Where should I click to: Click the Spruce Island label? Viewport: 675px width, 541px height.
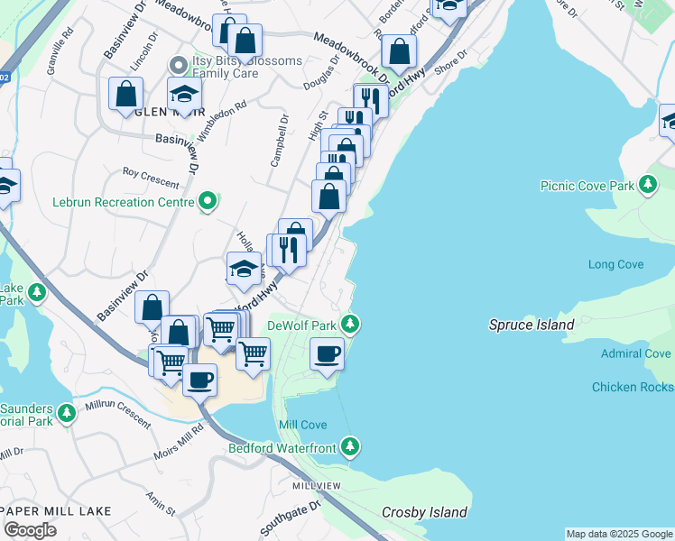(x=532, y=325)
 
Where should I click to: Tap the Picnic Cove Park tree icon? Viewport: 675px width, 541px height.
(x=647, y=185)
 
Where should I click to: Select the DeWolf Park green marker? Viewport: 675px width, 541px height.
(x=351, y=323)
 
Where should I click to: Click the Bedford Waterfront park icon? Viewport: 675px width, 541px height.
(x=351, y=446)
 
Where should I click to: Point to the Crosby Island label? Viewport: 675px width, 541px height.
(x=424, y=512)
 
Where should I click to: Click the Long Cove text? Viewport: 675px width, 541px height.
(x=615, y=264)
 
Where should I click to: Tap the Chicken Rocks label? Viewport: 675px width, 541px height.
(x=632, y=387)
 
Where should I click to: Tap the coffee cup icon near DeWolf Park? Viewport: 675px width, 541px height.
(x=327, y=353)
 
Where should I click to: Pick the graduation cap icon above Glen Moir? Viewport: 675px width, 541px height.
(x=184, y=94)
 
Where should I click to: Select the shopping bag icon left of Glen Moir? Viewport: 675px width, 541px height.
(x=125, y=93)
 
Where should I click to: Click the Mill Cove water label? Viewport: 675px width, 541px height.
(x=303, y=424)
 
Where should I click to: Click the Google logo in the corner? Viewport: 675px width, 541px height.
(x=30, y=530)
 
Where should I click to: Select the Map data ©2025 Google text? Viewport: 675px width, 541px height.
(x=618, y=534)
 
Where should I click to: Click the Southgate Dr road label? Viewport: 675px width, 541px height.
(x=291, y=518)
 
